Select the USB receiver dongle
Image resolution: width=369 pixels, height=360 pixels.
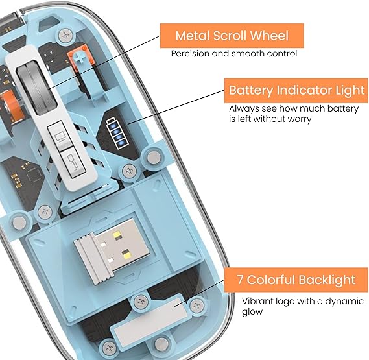point(112,250)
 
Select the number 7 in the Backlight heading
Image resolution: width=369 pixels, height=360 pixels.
point(240,280)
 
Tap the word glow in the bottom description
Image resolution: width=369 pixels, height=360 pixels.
point(252,312)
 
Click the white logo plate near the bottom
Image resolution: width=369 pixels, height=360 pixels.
point(151,319)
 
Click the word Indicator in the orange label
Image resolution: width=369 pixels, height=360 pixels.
point(304,90)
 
